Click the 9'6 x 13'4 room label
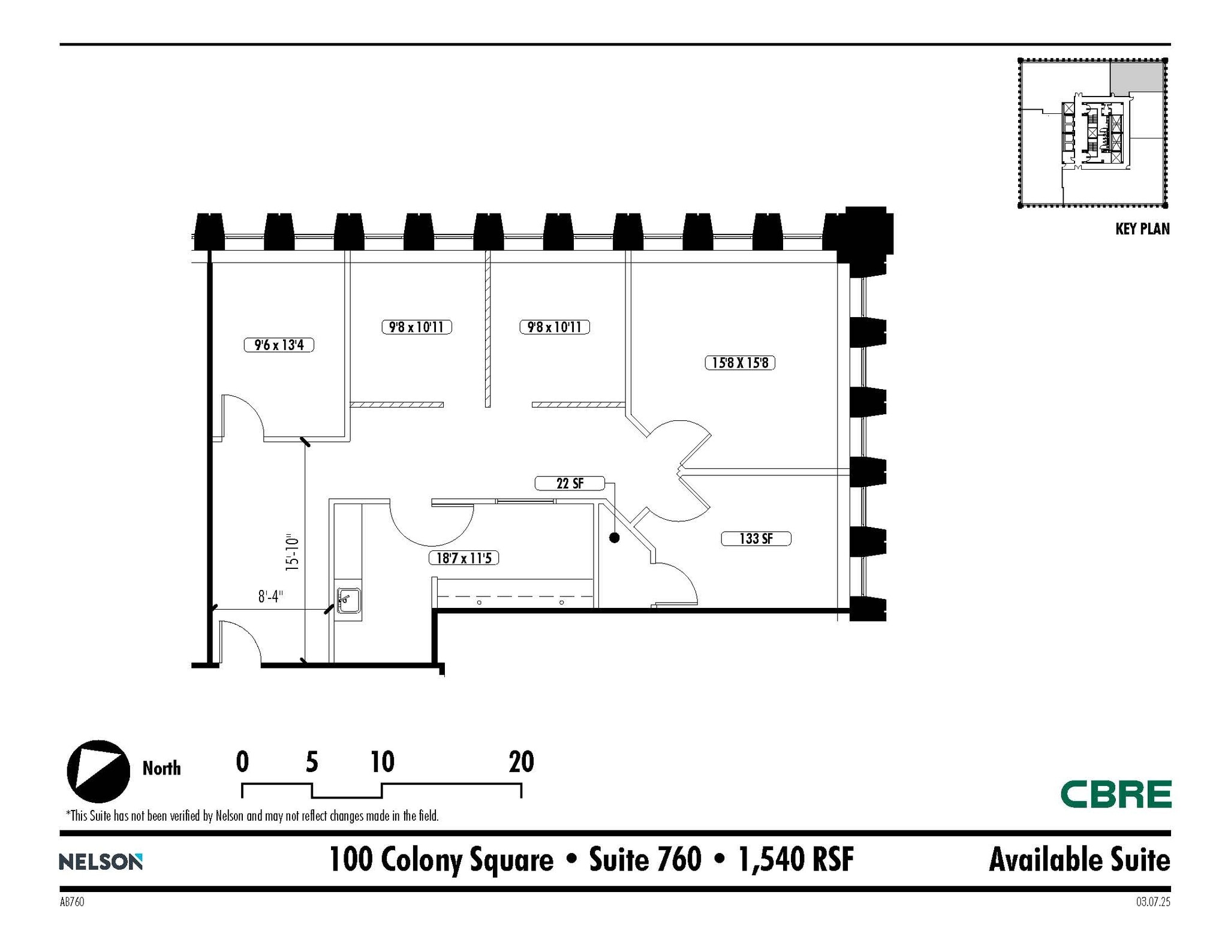click(279, 345)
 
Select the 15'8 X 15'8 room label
click(739, 363)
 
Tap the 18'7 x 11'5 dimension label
click(463, 558)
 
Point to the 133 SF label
click(756, 538)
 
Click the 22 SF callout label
click(569, 483)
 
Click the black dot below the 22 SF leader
click(614, 538)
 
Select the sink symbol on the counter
click(348, 600)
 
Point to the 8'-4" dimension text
click(270, 596)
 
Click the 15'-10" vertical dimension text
click(292, 553)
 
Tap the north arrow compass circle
click(98, 772)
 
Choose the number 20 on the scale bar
click(521, 762)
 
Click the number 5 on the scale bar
click(312, 762)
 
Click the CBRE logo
click(1115, 794)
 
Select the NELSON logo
click(101, 861)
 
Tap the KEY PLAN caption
click(1142, 229)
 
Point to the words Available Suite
click(1079, 860)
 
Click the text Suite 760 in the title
click(645, 860)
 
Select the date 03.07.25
click(1152, 902)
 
